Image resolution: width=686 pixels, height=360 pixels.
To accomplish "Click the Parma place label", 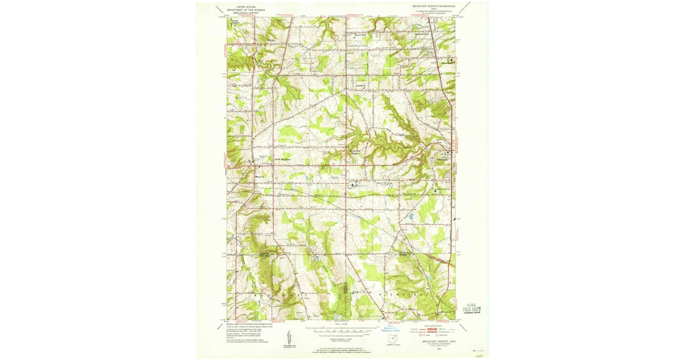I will pyautogui.click(x=271, y=41).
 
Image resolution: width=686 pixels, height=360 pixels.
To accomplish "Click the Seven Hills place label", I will pyautogui.click(x=359, y=34).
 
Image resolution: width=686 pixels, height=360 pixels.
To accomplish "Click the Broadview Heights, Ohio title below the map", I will pyautogui.click(x=437, y=342).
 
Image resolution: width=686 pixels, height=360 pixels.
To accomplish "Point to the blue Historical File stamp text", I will pyautogui.click(x=389, y=330).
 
